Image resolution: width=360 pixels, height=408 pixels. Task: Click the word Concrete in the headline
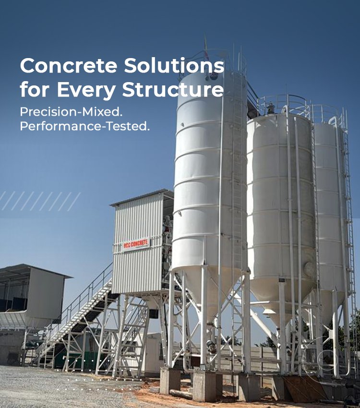69,66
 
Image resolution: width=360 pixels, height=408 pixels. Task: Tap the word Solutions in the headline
174,66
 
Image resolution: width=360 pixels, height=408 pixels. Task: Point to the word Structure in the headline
173,89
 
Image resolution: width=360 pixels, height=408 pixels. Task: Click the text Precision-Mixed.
71,112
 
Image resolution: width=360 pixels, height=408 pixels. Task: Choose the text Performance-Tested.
85,126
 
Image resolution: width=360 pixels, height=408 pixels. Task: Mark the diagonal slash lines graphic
40,201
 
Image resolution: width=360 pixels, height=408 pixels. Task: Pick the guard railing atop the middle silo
285,106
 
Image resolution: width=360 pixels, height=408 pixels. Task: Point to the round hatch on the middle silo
309,270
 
